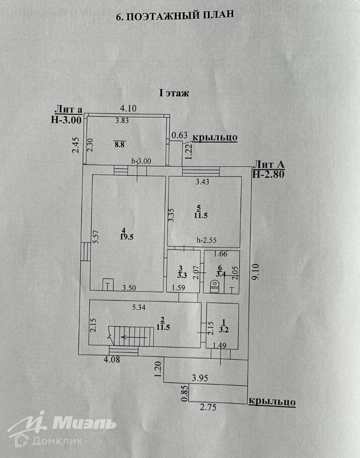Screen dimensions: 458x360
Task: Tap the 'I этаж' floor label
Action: click(174, 93)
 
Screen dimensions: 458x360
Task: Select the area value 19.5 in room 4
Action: click(127, 237)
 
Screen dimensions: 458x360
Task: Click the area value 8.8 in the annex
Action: click(119, 144)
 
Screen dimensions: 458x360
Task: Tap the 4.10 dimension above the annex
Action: click(128, 108)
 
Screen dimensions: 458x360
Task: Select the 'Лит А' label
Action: click(268, 164)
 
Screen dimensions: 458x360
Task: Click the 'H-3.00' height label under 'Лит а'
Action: click(66, 120)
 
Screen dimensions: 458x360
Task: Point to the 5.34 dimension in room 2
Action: click(139, 307)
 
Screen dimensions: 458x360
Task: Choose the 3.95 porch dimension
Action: click(200, 378)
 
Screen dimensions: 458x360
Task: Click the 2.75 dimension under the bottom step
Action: click(208, 407)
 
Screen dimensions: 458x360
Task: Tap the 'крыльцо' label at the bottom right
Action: click(272, 402)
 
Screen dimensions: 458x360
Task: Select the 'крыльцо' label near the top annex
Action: click(215, 137)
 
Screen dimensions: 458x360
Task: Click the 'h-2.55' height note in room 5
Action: click(207, 240)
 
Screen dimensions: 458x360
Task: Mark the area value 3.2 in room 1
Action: click(224, 330)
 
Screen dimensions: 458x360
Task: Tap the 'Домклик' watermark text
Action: click(57, 441)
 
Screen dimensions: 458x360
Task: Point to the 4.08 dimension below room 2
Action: click(112, 359)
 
